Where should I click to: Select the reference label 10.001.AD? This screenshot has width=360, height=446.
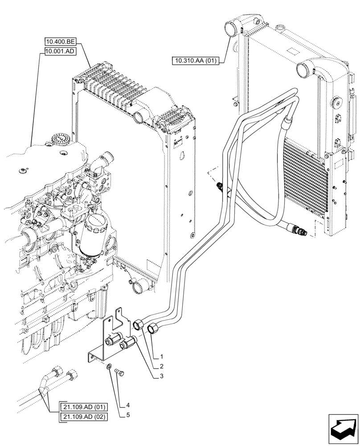point(60,52)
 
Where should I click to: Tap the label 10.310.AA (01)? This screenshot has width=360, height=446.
point(195,61)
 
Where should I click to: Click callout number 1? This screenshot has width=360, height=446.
point(163,357)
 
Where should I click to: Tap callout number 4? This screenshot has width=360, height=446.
point(127,405)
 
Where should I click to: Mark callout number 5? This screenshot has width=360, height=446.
point(128,415)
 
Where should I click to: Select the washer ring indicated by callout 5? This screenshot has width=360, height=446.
point(109,367)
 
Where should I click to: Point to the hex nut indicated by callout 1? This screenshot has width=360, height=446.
point(152,329)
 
